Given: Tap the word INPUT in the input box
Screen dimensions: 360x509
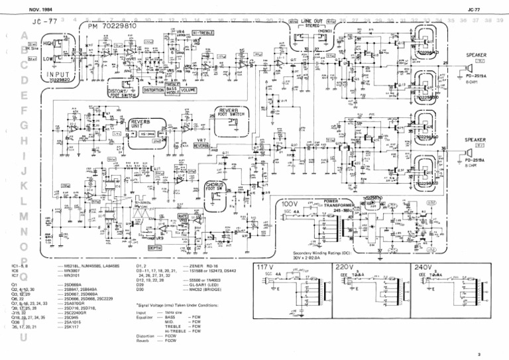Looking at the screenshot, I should pos(59,76).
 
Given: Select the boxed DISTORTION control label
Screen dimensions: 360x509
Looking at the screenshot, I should pos(153,90).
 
